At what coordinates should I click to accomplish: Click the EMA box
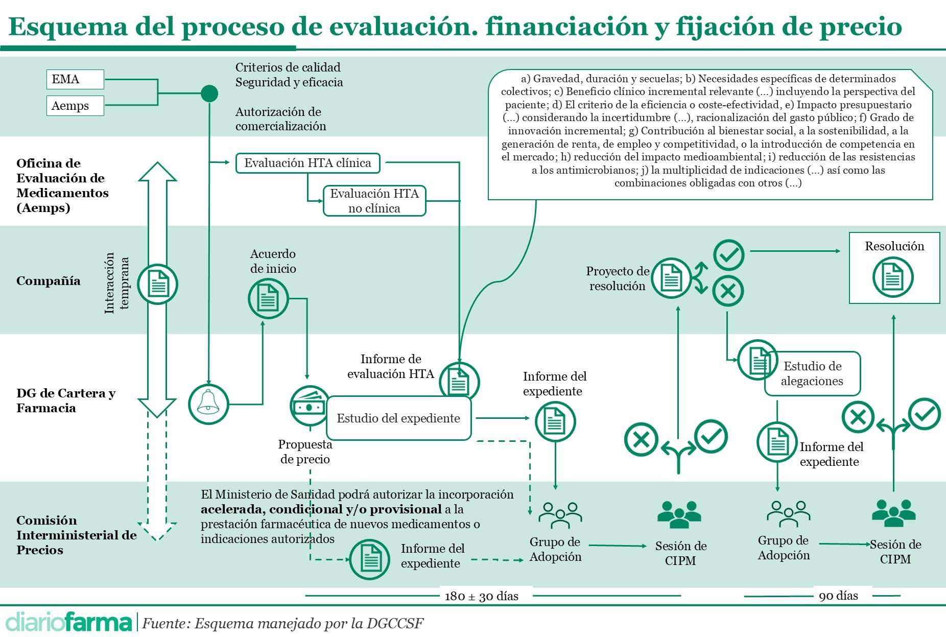[75, 79]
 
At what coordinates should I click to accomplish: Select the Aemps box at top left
[75, 106]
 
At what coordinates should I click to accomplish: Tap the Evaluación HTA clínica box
[308, 163]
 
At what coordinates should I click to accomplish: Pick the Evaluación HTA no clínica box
[374, 201]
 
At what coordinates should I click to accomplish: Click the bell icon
[208, 404]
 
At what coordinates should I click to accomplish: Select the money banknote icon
[309, 406]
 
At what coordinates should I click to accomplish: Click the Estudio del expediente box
[398, 418]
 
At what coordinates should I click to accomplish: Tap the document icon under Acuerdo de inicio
[268, 298]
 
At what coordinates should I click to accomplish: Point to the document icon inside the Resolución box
[892, 277]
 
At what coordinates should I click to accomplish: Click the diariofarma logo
[68, 622]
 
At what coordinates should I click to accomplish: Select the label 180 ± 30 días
[481, 596]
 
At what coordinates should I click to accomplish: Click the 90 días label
[838, 596]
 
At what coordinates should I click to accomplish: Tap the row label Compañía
[49, 281]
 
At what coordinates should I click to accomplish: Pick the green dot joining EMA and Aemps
[209, 93]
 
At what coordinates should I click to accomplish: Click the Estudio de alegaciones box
[812, 373]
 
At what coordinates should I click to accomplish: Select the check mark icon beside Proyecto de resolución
[728, 255]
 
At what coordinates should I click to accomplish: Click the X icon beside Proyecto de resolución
[728, 291]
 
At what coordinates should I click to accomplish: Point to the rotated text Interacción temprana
[116, 283]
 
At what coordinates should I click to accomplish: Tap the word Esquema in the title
[67, 27]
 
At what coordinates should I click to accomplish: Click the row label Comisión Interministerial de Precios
[76, 535]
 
